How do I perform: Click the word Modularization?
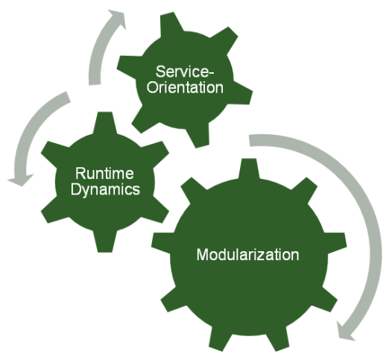247,255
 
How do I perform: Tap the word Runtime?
104,173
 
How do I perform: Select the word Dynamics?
105,190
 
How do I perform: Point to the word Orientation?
185,88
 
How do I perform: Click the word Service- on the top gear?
185,72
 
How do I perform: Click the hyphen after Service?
212,73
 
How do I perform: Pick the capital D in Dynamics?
75,189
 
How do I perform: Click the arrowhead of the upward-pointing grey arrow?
117,18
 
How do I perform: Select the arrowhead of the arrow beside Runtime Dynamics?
20,180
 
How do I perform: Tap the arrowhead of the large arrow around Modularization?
345,331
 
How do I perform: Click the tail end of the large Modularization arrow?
250,141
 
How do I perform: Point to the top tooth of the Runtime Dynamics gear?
105,122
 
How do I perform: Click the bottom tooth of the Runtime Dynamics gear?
105,241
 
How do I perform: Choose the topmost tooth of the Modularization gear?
249,169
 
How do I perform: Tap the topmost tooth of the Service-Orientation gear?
171,24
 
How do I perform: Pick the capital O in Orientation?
152,88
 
